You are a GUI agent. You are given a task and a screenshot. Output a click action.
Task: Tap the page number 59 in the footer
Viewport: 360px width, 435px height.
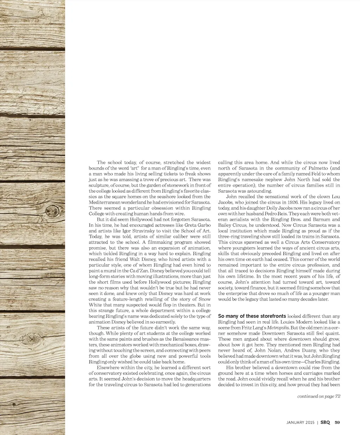coord(337,422)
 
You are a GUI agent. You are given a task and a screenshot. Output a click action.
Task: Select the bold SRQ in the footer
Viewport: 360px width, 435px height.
coord(325,422)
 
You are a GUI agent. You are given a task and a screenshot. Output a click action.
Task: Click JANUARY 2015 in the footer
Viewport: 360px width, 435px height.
coord(301,422)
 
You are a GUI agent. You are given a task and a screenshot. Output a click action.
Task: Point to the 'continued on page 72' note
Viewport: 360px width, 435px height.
coord(319,396)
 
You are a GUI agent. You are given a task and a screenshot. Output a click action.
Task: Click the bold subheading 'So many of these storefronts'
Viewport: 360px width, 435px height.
coord(252,316)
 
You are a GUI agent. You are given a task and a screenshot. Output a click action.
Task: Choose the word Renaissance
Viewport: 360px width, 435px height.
coord(186,339)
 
